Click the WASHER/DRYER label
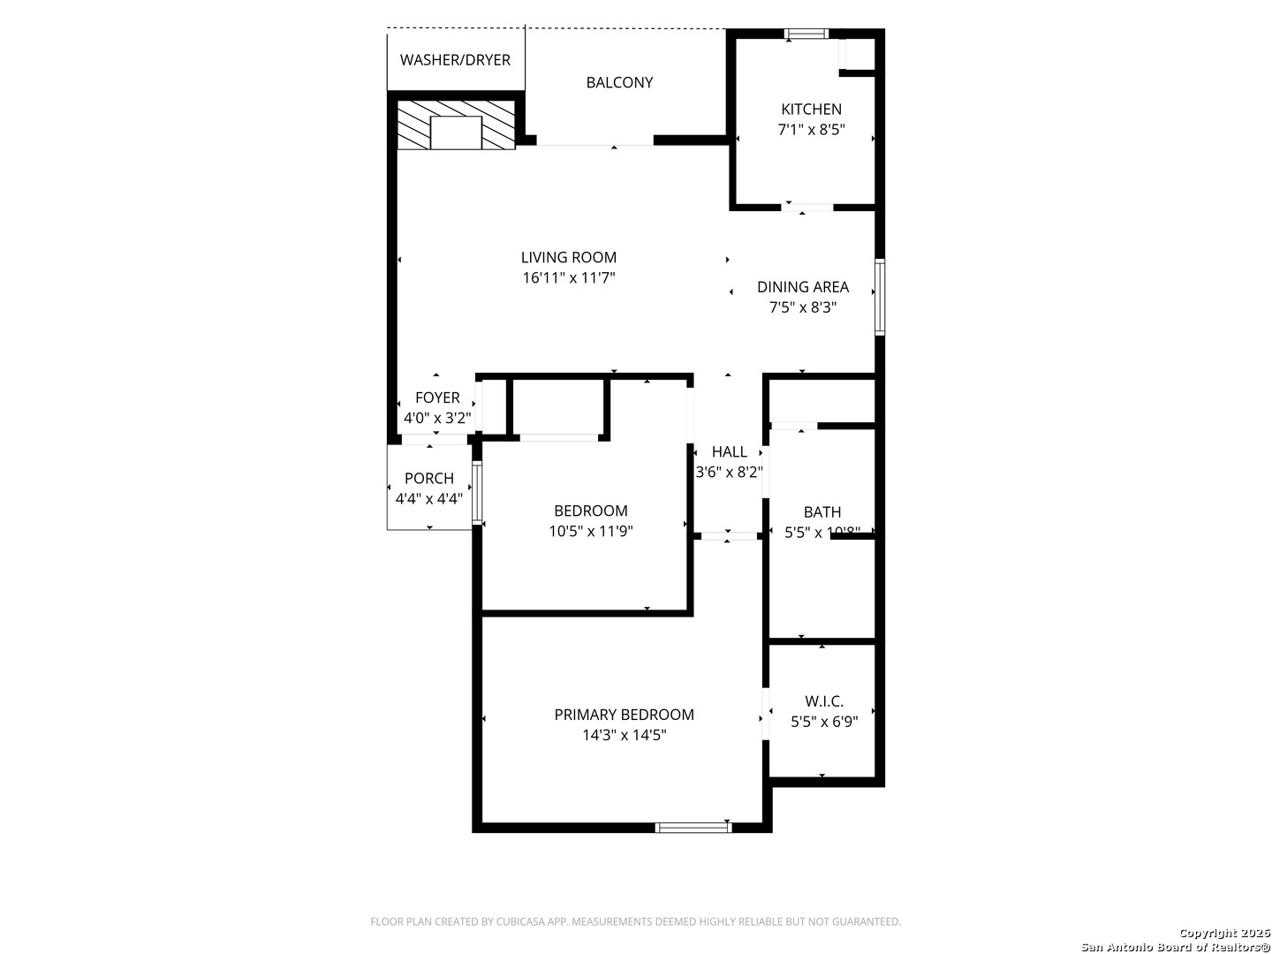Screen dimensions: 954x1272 pos(455,60)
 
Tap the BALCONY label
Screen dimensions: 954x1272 pos(619,82)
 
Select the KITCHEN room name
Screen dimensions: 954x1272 pos(811,110)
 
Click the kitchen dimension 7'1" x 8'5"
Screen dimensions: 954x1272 pos(811,130)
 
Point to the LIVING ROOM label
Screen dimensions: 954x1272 pos(568,257)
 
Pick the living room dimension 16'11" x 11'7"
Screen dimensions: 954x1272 pos(568,278)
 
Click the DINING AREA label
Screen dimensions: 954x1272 pos(802,287)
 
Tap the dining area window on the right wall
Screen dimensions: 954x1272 pos(879,297)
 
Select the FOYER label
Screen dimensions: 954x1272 pos(437,397)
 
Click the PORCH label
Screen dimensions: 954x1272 pos(429,478)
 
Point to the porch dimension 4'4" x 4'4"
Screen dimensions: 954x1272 pos(429,499)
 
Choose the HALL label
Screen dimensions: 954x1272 pos(729,451)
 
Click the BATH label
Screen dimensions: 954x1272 pos(821,511)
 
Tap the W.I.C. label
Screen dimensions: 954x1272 pos(823,701)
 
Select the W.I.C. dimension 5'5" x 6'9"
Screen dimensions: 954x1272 pos(823,722)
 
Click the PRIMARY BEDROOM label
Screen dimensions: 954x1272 pos(624,715)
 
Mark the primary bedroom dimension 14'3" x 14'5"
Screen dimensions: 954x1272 pos(624,735)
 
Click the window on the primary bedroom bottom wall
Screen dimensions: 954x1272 pos(693,828)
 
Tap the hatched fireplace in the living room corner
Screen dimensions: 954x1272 pos(456,125)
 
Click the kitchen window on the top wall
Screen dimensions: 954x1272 pos(806,34)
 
